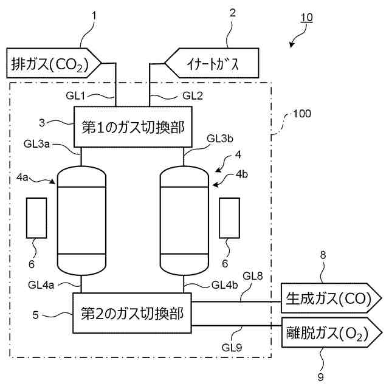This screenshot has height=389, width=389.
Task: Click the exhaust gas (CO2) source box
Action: click(x=53, y=63)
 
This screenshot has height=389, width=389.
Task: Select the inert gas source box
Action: click(x=212, y=63)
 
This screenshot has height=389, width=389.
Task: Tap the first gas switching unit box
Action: click(x=133, y=127)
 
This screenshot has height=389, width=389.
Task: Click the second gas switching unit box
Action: click(x=132, y=313)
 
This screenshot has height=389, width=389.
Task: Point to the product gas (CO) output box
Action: click(x=331, y=298)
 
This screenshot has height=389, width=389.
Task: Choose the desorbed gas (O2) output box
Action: click(x=331, y=332)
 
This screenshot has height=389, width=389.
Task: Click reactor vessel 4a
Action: click(x=81, y=221)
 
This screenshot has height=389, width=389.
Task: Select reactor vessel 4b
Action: click(x=184, y=221)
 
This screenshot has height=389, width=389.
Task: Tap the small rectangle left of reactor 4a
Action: click(x=36, y=218)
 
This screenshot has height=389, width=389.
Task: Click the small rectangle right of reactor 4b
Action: click(x=230, y=218)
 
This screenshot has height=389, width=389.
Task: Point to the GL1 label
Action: click(x=75, y=95)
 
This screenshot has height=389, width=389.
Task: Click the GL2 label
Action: click(x=193, y=95)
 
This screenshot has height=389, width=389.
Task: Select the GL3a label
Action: click(x=36, y=144)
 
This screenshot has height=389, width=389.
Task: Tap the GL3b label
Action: click(x=220, y=139)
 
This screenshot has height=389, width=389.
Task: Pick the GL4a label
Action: click(x=41, y=285)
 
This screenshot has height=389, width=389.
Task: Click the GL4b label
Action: click(x=224, y=285)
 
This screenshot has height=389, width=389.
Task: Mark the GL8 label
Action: click(x=253, y=276)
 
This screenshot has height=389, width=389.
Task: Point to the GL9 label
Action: click(x=232, y=348)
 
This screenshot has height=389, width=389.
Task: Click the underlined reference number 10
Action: click(x=306, y=18)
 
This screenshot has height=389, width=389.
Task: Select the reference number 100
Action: click(x=302, y=114)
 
